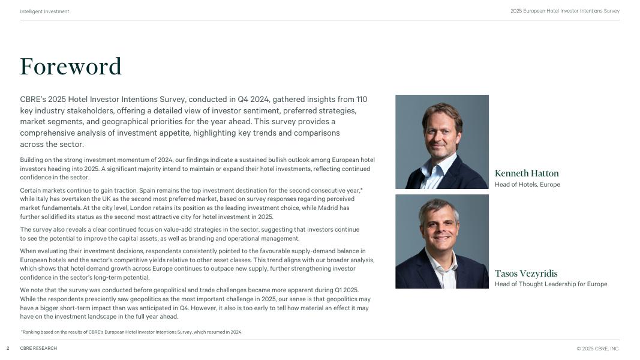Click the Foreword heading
71,67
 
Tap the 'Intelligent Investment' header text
44,11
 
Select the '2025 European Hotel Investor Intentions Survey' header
564,11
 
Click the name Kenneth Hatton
527,173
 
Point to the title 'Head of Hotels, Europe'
527,185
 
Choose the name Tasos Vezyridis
526,274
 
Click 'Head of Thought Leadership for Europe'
551,284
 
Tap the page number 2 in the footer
8,349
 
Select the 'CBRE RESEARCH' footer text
38,349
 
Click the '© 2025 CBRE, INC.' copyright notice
597,349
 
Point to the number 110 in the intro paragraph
362,100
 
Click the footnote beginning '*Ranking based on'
131,332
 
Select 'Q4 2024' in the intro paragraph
244,100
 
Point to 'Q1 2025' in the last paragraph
346,290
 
